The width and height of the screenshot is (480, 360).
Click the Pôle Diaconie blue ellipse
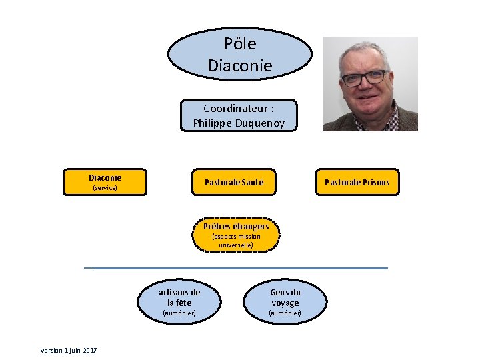[239, 53]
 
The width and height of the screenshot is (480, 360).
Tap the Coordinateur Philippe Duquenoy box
[239, 115]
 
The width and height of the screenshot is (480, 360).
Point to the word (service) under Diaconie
[105, 188]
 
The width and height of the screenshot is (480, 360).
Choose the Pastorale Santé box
[239, 182]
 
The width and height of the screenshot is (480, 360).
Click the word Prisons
[377, 182]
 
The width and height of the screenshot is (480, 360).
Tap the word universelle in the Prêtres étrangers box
[236, 245]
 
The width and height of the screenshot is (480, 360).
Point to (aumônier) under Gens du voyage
[285, 313]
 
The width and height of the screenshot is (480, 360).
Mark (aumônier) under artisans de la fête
[179, 313]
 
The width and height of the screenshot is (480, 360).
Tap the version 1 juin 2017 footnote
[69, 351]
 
